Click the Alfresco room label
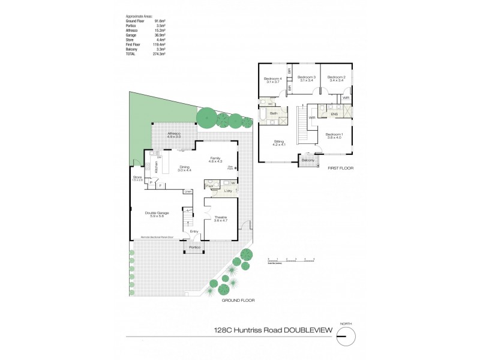click(175, 133)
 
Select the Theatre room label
click(222, 217)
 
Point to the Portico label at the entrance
click(194, 247)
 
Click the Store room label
click(137, 178)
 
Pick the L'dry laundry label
click(228, 190)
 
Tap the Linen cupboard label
click(188, 191)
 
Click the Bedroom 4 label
click(272, 77)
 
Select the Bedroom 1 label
click(334, 134)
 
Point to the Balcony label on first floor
click(308, 161)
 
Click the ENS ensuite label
click(334, 113)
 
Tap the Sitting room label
click(278, 142)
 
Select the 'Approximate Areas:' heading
click(139, 16)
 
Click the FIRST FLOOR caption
click(340, 169)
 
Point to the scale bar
click(291, 260)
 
